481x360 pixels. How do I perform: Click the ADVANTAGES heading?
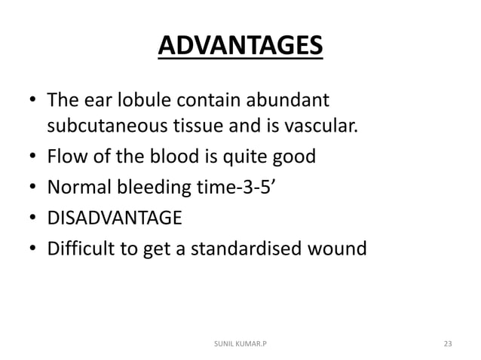click(240, 45)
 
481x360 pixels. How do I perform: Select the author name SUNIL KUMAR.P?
click(240, 344)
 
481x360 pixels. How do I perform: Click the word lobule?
click(142, 99)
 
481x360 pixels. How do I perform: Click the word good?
click(294, 157)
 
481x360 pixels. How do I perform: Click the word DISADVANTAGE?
click(114, 218)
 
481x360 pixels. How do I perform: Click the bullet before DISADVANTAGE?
click(31, 219)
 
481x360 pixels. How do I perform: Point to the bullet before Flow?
click(31, 158)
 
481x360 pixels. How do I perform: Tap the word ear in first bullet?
click(95, 99)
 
